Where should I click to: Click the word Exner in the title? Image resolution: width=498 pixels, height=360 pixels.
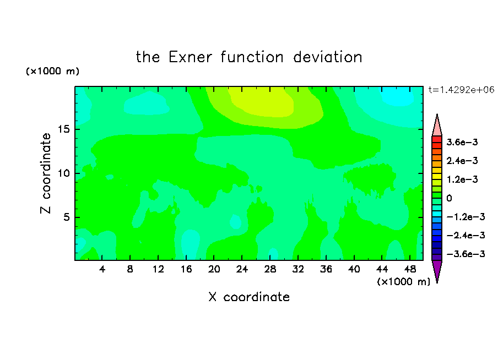point(190,57)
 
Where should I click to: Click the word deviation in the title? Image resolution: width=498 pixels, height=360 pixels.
point(327,57)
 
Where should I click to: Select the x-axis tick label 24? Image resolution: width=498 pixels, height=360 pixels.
point(242,269)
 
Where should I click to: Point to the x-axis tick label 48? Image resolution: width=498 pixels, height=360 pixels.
point(410,269)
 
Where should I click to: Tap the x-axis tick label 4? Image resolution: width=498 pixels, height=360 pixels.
point(102,269)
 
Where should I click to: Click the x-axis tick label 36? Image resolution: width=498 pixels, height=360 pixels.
point(326,269)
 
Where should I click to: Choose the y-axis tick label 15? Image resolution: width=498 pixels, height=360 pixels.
point(63,129)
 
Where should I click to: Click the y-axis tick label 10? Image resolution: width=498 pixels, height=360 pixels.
point(63,173)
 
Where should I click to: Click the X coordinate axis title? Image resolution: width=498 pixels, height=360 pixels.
point(249,297)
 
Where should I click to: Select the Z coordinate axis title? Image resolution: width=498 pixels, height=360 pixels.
point(46,173)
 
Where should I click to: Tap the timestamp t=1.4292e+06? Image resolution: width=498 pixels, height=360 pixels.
point(461,90)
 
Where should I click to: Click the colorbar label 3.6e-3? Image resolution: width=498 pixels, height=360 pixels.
point(462,142)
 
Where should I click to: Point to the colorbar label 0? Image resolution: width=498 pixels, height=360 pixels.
point(449,198)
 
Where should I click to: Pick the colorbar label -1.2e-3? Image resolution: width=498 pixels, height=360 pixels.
point(465,217)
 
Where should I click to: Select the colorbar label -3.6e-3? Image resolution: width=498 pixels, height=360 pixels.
point(465,254)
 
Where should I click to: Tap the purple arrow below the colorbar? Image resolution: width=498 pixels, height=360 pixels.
point(437,270)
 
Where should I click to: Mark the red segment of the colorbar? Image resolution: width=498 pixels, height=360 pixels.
point(437,139)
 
